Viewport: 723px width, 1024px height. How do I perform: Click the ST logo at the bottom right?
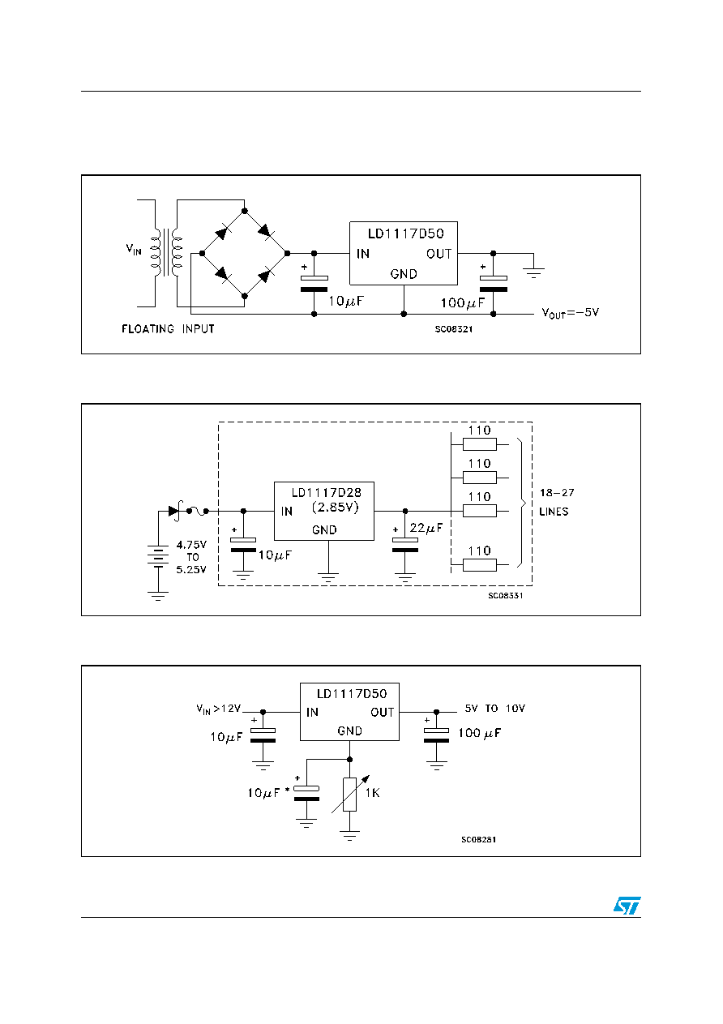click(x=627, y=905)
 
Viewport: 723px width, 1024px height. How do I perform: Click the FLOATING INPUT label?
click(x=168, y=328)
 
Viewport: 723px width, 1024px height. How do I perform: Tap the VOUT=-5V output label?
click(x=570, y=313)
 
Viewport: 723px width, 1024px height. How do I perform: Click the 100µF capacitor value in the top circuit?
click(x=462, y=302)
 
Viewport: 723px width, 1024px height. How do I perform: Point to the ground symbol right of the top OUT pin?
click(x=533, y=272)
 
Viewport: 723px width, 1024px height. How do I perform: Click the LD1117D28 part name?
click(x=327, y=492)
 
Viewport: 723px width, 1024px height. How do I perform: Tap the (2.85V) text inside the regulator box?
click(x=335, y=508)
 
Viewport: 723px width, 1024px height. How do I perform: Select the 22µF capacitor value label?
click(x=426, y=528)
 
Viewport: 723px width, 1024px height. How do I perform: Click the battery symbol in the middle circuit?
click(x=158, y=556)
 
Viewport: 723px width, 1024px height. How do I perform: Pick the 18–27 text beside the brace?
click(x=557, y=492)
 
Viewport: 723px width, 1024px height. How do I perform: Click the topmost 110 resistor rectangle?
click(x=479, y=443)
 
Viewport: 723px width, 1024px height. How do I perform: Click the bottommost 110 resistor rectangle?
click(x=479, y=565)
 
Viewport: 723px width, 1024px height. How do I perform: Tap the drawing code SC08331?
click(x=506, y=595)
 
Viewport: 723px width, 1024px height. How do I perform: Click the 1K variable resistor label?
click(x=373, y=793)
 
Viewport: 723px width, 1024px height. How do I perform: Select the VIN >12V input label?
click(x=218, y=709)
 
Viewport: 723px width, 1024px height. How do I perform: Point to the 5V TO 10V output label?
click(x=495, y=708)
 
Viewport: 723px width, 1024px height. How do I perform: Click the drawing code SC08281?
click(x=478, y=839)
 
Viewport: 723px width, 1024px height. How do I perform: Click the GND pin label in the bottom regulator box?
click(x=349, y=731)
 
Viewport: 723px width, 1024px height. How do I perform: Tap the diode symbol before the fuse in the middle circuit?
click(x=175, y=511)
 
